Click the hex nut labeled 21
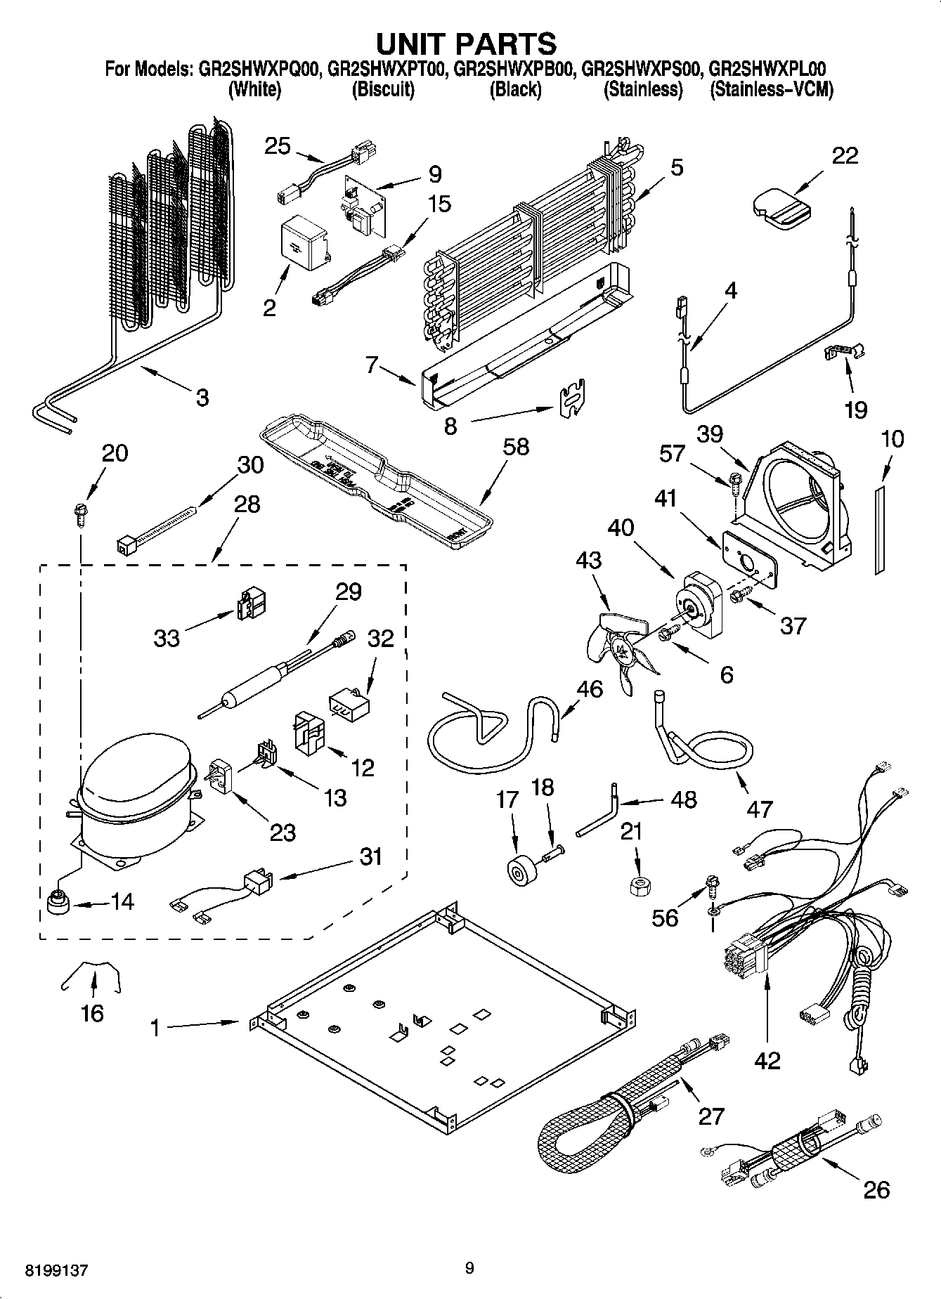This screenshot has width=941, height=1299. click(x=636, y=885)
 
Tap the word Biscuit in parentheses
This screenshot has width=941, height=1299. click(x=382, y=90)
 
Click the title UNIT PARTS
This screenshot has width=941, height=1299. click(x=467, y=44)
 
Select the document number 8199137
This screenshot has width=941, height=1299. click(x=57, y=1270)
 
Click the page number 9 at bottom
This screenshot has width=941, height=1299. click(x=469, y=1268)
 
